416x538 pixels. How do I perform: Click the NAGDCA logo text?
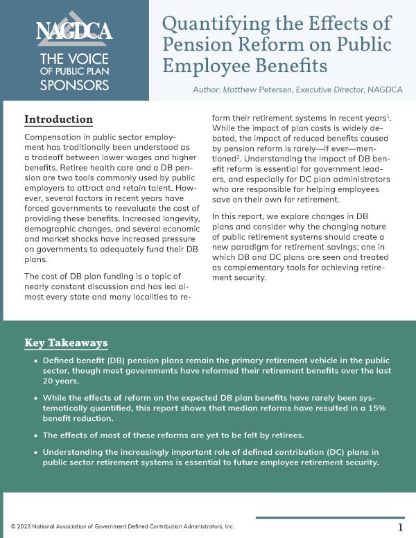[x=74, y=31]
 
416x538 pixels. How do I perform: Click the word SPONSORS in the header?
[x=74, y=85]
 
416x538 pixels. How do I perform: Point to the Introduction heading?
[x=59, y=119]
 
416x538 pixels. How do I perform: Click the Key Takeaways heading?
[x=66, y=343]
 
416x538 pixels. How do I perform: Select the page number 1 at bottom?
[x=401, y=528]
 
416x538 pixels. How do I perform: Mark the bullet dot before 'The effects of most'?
[x=35, y=435]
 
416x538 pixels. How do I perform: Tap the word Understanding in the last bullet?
[x=75, y=453]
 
